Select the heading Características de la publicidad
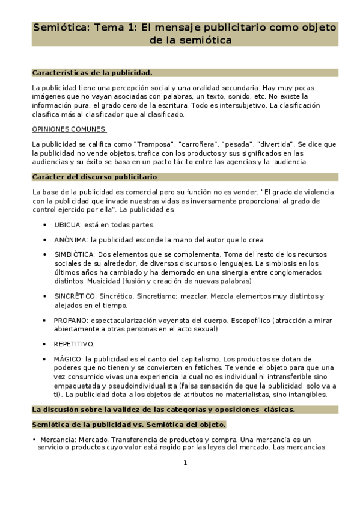(92, 73)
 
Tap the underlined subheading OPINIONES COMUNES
(69, 129)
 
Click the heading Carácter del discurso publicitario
(94, 177)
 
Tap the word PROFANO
(70, 321)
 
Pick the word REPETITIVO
(74, 344)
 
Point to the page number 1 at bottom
(185, 462)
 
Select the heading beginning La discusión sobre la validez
(163, 410)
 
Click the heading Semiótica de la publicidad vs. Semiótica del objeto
(129, 425)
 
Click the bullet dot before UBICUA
(46, 225)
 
